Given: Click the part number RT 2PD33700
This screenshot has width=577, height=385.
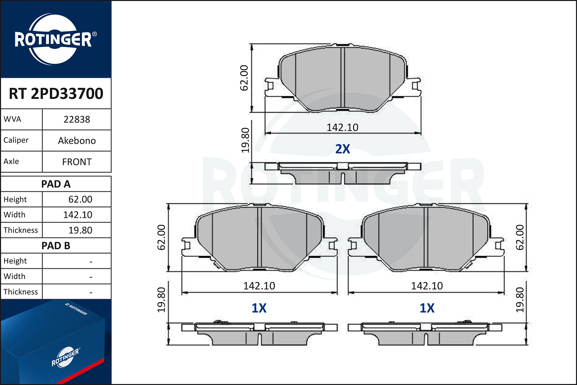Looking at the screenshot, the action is [56, 93].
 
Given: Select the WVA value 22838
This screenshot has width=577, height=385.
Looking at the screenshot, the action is [77, 119].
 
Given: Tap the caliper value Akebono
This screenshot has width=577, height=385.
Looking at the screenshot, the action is [77, 141].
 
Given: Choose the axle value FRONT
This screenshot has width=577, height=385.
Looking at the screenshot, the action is [77, 162].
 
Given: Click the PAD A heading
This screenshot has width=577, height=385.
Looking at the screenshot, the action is [56, 184].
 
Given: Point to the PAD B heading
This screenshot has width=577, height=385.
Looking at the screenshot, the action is [56, 246].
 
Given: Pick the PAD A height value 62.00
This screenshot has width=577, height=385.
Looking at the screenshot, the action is [80, 199].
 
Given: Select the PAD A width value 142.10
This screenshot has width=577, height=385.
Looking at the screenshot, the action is [78, 215].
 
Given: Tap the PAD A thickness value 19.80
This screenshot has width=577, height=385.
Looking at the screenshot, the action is [80, 230].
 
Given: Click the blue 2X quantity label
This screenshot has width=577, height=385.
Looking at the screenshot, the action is [342, 149].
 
